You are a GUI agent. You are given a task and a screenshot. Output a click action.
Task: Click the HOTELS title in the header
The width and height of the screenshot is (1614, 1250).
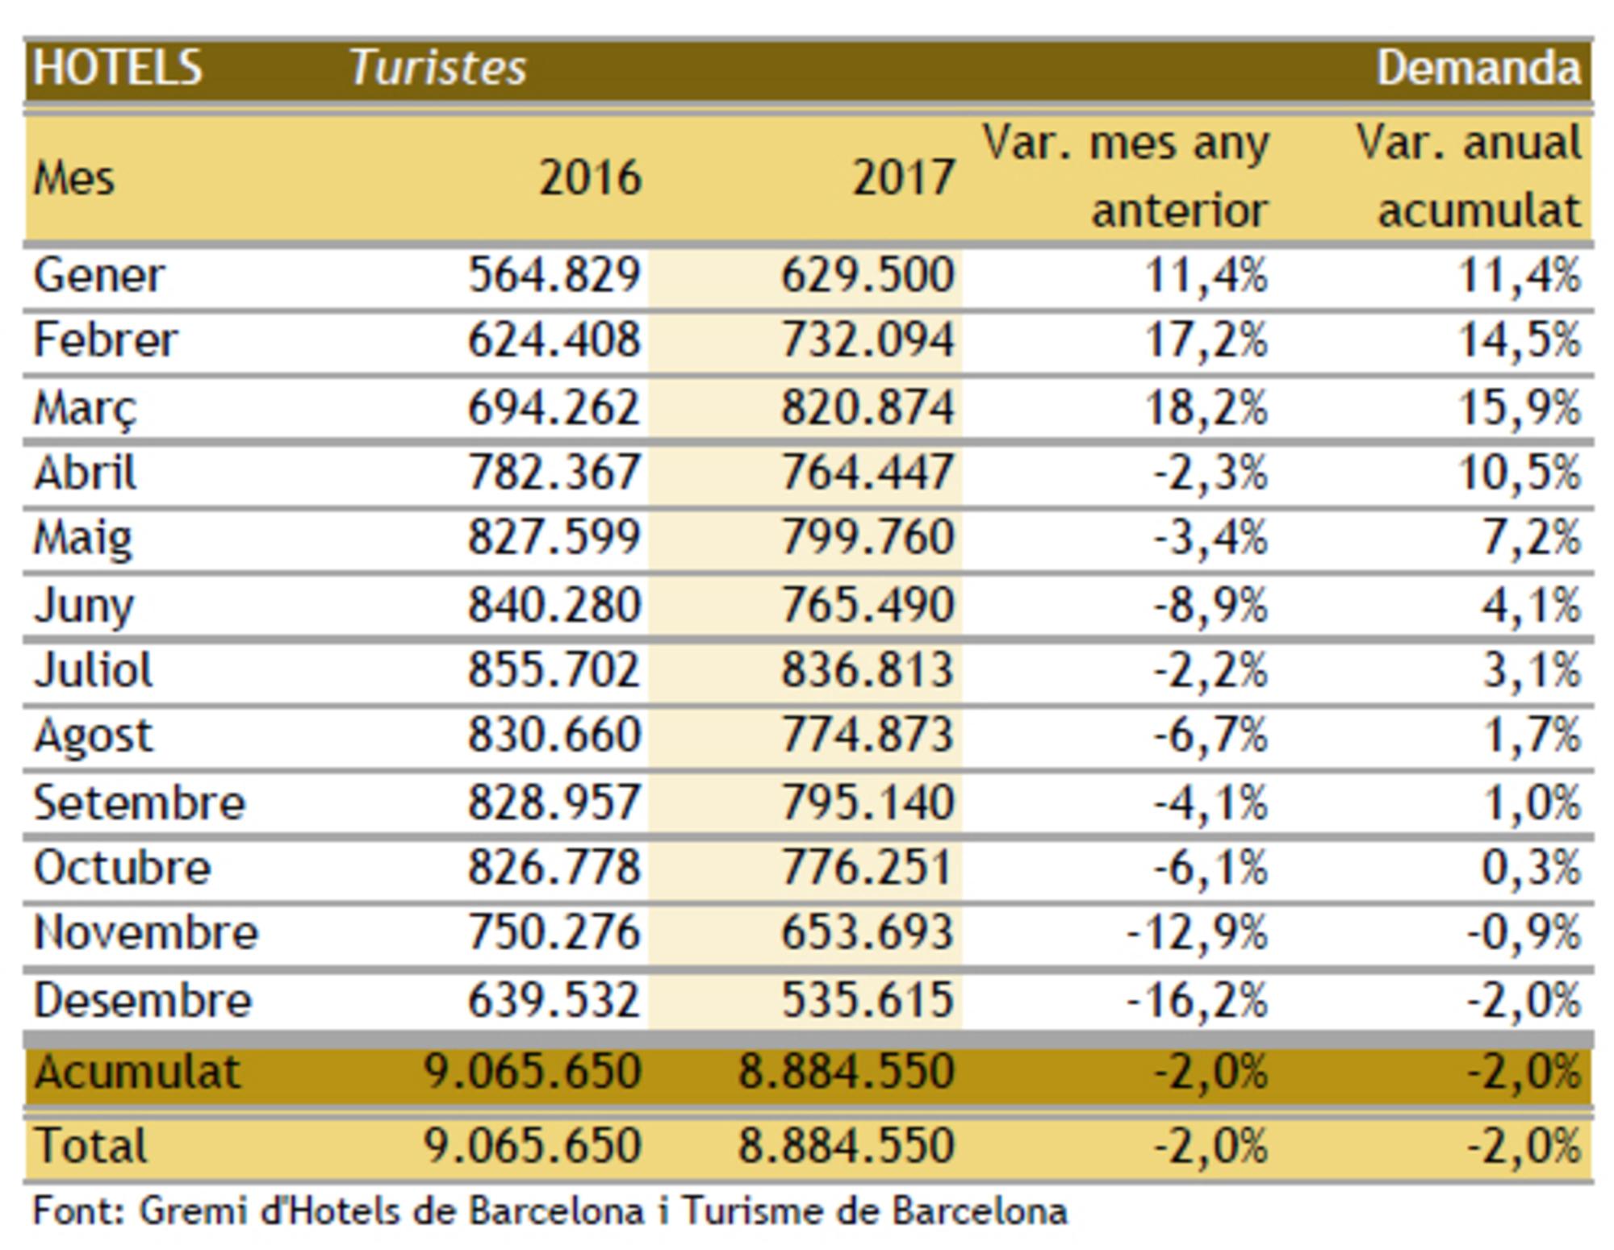click(x=117, y=67)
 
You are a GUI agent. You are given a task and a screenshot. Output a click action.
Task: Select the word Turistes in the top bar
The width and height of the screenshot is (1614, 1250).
click(x=437, y=67)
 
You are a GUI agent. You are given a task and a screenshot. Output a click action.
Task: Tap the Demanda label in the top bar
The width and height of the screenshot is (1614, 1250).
click(x=1478, y=67)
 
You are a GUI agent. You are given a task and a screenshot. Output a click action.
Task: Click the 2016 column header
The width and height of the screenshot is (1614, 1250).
click(x=590, y=177)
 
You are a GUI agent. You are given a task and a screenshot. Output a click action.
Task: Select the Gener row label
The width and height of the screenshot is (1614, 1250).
click(x=98, y=275)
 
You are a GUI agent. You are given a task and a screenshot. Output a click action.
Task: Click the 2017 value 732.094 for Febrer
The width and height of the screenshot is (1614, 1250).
click(x=868, y=340)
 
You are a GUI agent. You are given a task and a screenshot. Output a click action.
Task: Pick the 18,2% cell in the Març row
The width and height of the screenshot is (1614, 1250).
click(x=1206, y=406)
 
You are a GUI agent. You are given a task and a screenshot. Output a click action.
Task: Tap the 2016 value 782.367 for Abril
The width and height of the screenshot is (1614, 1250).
click(x=554, y=472)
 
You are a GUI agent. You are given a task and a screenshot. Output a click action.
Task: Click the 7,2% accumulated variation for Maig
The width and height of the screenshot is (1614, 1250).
click(x=1531, y=537)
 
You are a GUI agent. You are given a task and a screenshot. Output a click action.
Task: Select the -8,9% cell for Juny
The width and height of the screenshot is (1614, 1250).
click(x=1210, y=604)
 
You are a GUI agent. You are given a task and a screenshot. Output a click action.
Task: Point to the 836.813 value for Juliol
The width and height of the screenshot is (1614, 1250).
click(x=868, y=669)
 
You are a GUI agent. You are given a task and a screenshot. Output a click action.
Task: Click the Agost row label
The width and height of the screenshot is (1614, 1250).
click(x=93, y=735)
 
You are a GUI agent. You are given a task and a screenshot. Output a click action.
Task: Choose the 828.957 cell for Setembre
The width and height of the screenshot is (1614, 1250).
click(x=554, y=802)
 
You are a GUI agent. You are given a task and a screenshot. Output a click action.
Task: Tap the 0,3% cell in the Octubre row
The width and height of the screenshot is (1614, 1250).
click(x=1531, y=868)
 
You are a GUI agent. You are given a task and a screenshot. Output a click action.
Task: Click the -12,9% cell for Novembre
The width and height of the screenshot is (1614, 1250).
click(x=1197, y=933)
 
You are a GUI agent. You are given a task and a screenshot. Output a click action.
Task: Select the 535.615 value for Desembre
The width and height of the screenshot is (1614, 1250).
click(x=868, y=1000)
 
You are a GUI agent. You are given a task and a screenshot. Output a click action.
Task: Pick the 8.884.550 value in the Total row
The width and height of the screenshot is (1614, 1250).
click(x=846, y=1145)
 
